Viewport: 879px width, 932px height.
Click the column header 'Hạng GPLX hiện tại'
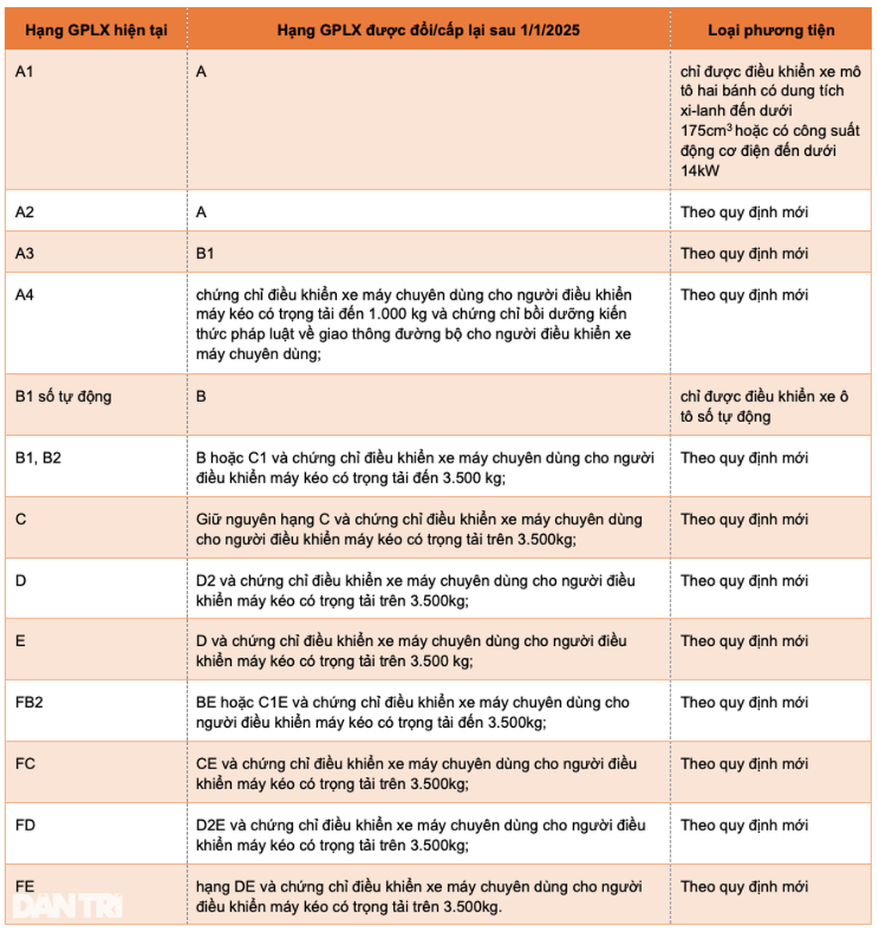(96, 30)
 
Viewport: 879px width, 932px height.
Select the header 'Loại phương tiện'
(771, 30)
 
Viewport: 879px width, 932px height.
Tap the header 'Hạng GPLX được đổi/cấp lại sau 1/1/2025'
(428, 30)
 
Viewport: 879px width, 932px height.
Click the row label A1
(24, 71)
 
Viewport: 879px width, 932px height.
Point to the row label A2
(24, 212)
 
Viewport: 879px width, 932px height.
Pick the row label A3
(24, 253)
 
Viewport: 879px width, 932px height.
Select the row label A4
(24, 295)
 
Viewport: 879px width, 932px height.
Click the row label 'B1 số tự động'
(63, 396)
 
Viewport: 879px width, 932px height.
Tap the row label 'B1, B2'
(38, 457)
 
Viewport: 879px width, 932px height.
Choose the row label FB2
(29, 702)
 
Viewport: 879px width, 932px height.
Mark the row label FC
(25, 763)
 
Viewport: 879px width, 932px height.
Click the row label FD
(25, 825)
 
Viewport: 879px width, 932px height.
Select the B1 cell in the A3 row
(205, 253)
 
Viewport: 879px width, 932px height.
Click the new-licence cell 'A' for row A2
(202, 212)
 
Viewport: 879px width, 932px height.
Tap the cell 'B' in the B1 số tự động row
(202, 396)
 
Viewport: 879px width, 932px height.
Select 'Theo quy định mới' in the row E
(745, 641)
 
